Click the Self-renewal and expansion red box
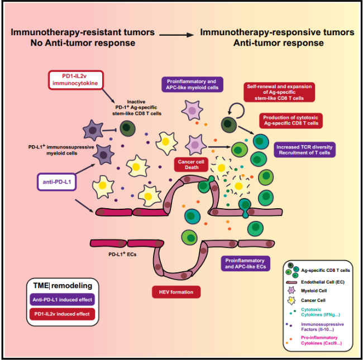click(x=279, y=91)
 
